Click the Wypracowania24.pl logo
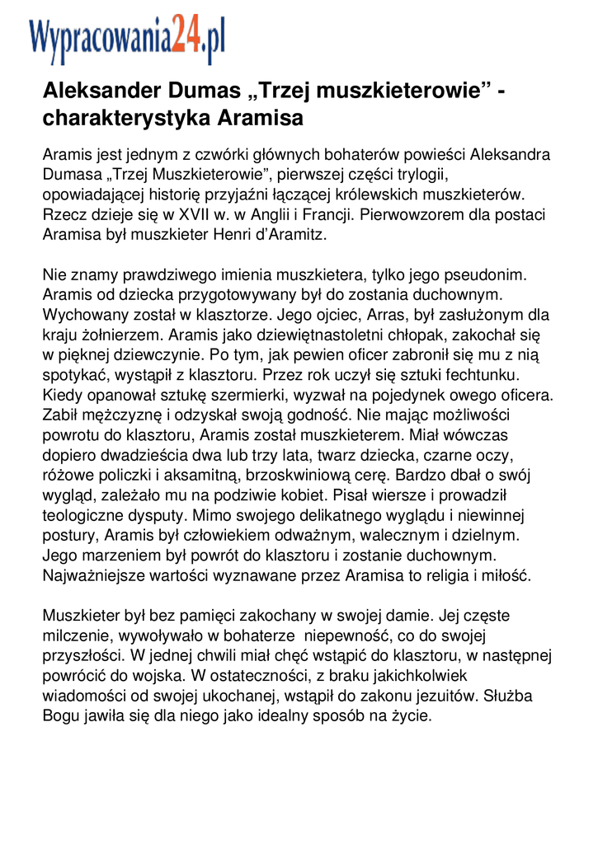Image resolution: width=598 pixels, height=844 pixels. (127, 40)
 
